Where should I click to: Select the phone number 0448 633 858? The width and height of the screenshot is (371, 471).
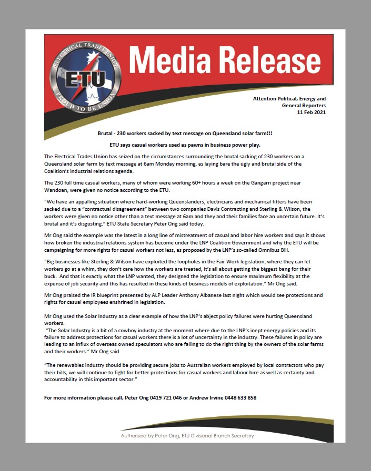point(239,397)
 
